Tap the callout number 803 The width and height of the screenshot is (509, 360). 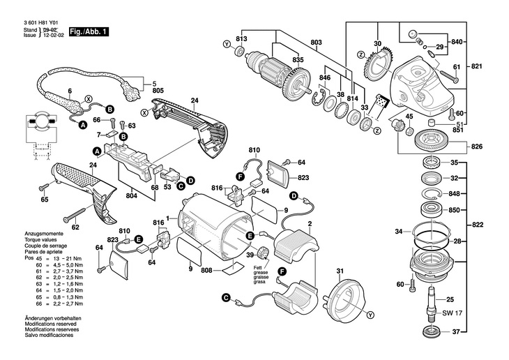[x=317, y=43]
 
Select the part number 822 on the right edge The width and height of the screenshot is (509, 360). [x=476, y=225]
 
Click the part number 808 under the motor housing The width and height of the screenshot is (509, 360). [x=207, y=271]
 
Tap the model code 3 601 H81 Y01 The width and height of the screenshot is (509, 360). [x=33, y=24]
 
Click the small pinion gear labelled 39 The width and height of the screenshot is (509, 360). [x=264, y=253]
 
